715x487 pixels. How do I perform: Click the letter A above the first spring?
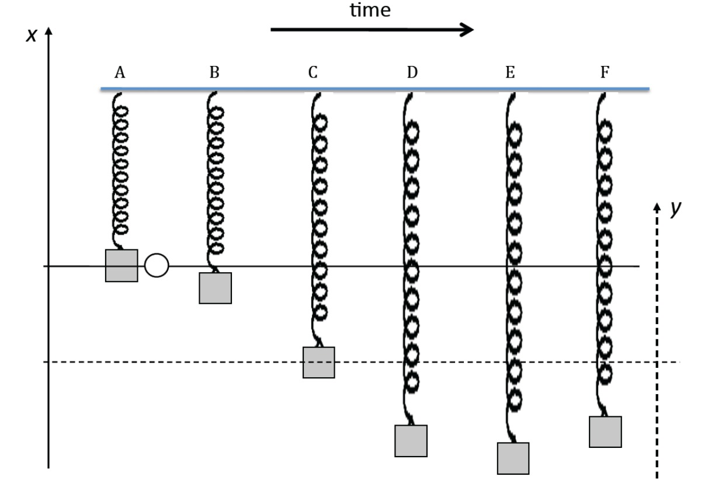120,73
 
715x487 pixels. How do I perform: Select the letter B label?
214,73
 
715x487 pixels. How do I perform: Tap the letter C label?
313,73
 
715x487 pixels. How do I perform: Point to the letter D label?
412,73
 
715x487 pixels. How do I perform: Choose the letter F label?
605,73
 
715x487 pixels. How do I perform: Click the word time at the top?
370,11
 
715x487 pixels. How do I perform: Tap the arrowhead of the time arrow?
466,30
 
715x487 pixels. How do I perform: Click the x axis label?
34,36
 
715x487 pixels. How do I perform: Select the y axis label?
677,209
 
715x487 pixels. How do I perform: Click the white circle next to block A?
156,266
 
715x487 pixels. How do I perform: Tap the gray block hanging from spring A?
122,266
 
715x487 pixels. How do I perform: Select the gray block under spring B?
215,288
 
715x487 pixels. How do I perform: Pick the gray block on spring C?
318,362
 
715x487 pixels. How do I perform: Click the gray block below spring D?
411,441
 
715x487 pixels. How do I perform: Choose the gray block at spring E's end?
513,458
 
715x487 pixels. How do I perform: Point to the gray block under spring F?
605,432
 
